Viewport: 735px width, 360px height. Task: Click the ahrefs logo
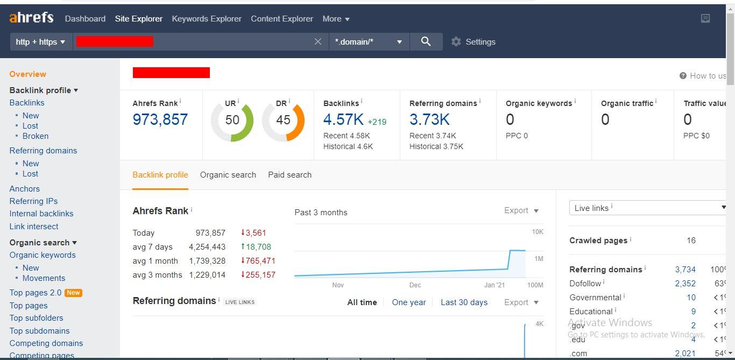[x=31, y=18]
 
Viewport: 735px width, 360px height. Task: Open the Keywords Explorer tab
[x=207, y=19]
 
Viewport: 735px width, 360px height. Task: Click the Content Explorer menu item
[x=282, y=19]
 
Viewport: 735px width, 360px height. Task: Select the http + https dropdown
[x=41, y=42]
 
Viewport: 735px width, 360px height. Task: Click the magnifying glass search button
[x=426, y=41]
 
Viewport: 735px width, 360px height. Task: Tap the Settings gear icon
[x=456, y=42]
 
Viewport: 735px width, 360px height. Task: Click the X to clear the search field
[x=318, y=42]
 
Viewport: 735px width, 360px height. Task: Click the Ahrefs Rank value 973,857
[x=160, y=119]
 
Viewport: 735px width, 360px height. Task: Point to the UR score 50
[x=232, y=120]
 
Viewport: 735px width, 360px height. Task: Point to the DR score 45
[x=283, y=120]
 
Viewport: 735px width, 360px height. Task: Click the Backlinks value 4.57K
[x=343, y=119]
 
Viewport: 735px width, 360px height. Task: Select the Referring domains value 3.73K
[x=429, y=119]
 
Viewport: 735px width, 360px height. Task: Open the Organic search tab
[x=228, y=175]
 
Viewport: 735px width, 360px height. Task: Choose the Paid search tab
[x=289, y=175]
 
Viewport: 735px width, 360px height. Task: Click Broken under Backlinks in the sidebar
[x=36, y=136]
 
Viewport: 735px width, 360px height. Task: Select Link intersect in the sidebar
[x=34, y=227]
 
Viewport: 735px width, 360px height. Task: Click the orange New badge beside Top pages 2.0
[x=73, y=293]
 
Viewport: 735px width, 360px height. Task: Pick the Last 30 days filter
[x=464, y=302]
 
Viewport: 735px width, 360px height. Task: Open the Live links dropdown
[x=648, y=208]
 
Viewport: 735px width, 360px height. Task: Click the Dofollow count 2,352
[x=685, y=284]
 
